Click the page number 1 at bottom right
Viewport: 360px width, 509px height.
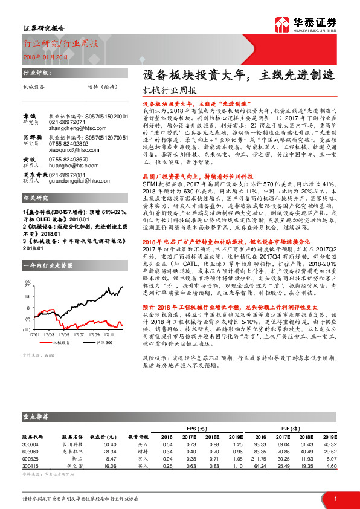click(x=334, y=498)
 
